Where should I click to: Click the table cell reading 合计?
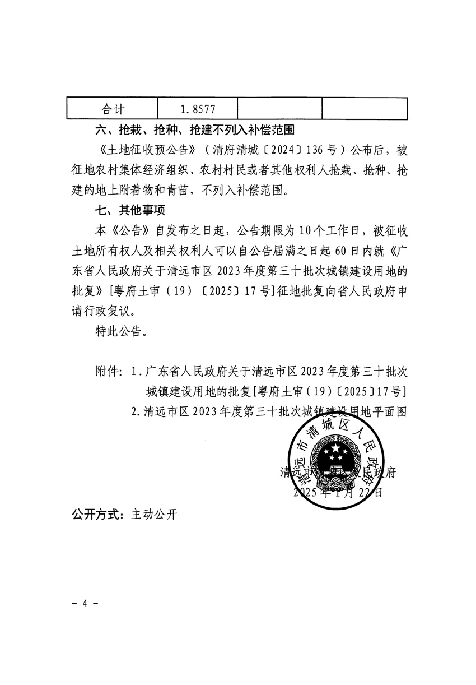click(x=113, y=108)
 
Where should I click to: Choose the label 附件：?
click(x=109, y=372)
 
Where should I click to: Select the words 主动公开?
click(x=154, y=514)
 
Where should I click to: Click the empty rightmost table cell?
click(x=365, y=108)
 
